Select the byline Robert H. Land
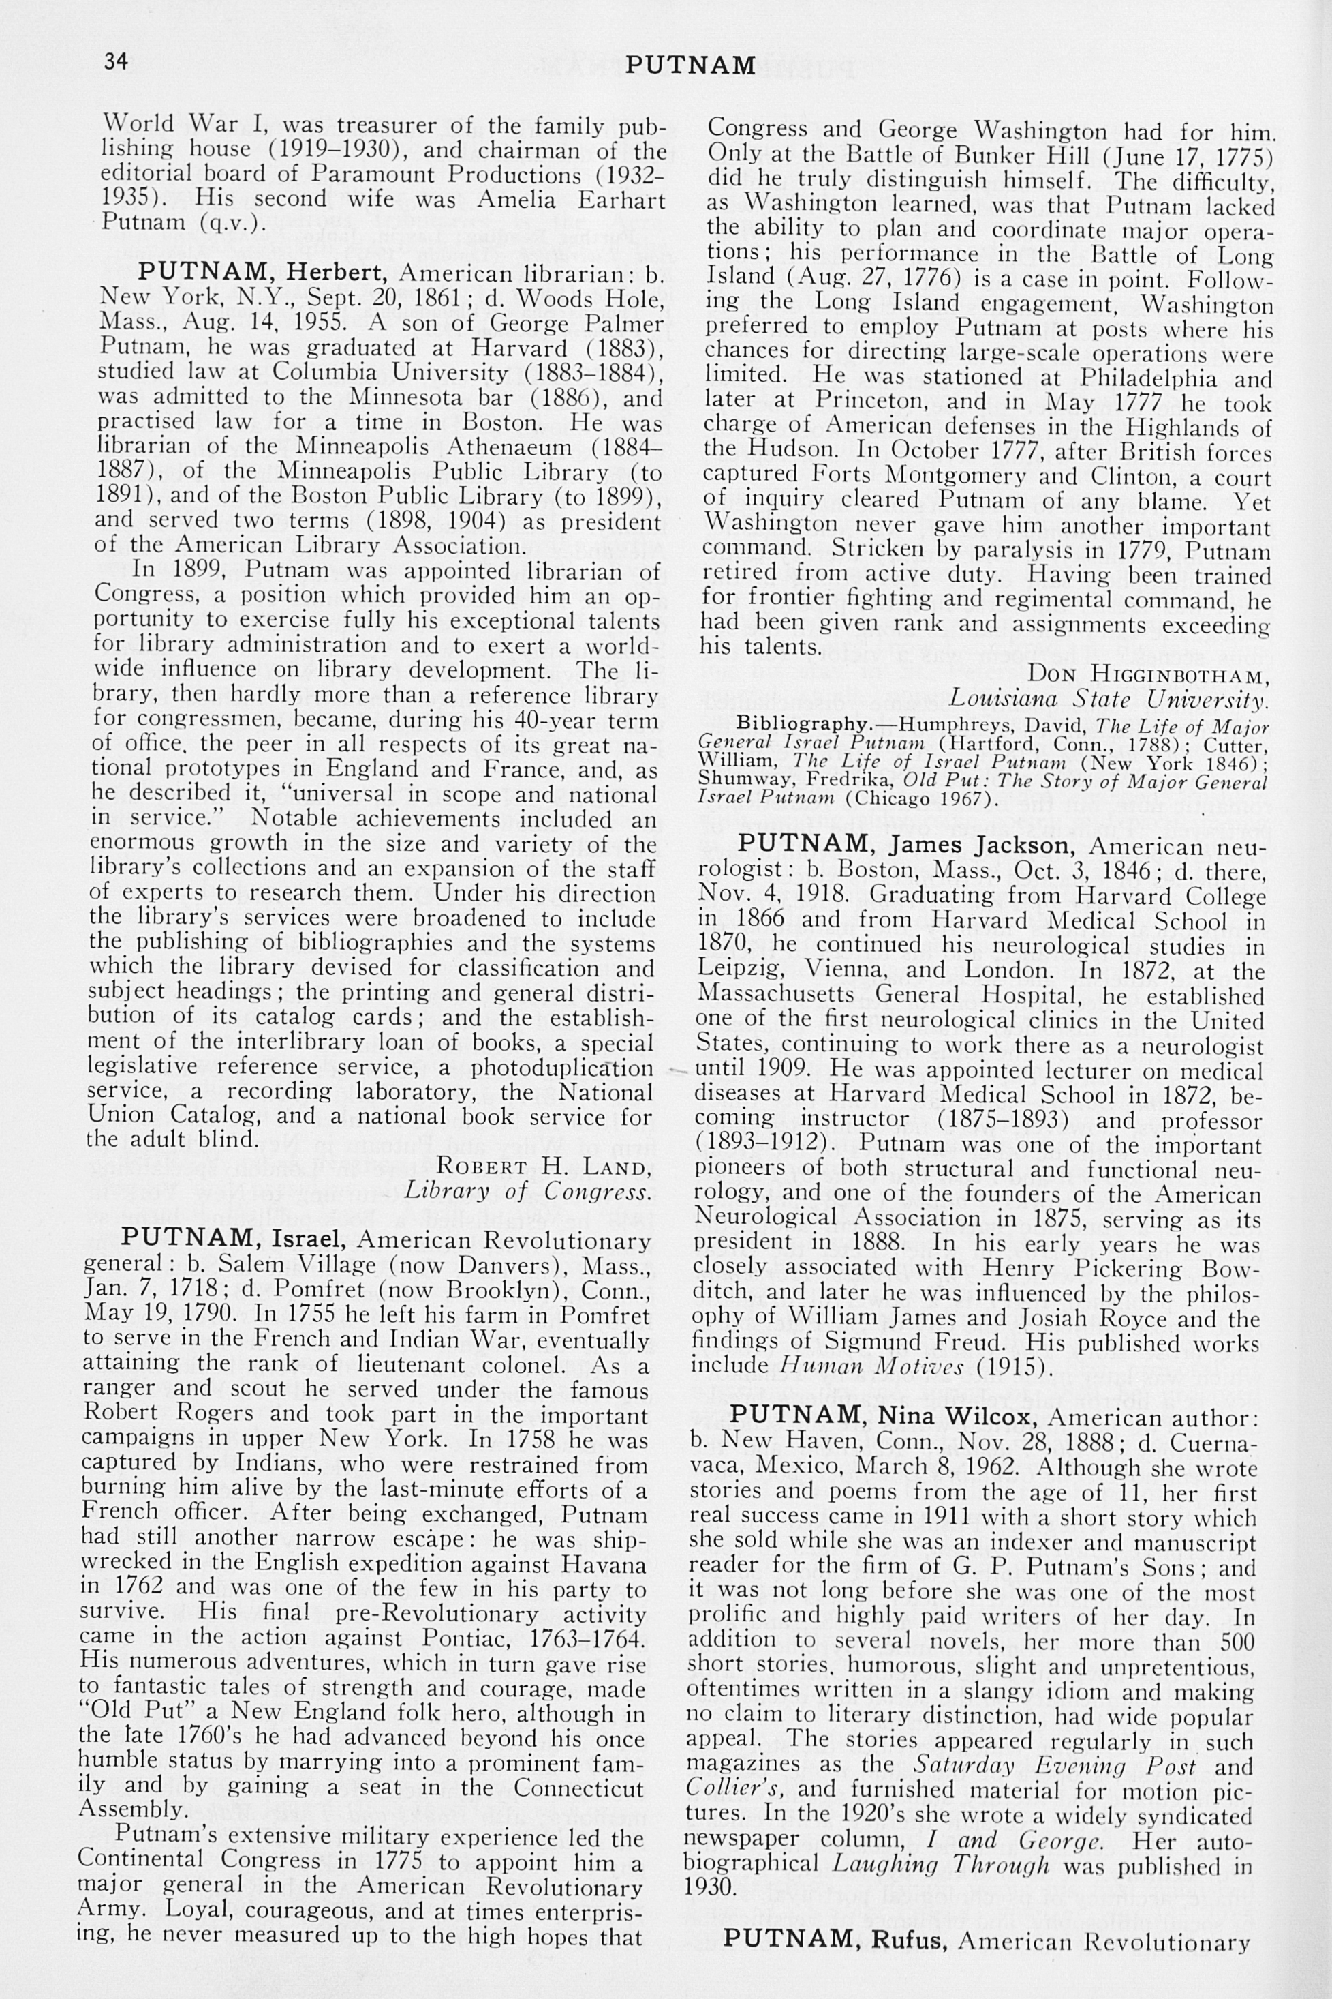click(x=543, y=1165)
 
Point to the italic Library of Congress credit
click(x=527, y=1190)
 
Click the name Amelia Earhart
click(x=568, y=200)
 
